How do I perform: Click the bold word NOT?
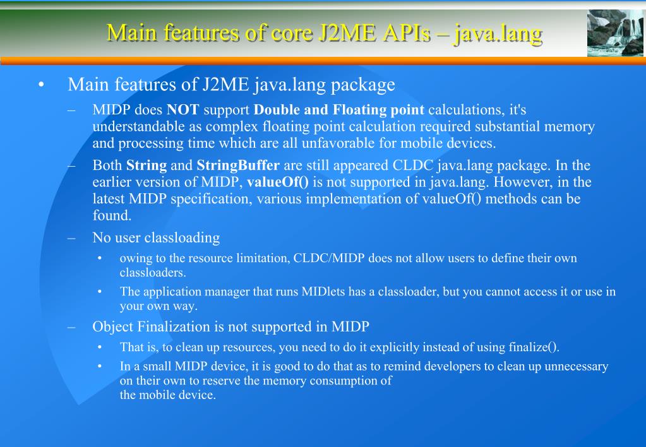click(x=183, y=110)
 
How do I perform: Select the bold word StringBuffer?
click(x=238, y=166)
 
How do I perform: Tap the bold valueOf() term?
click(x=278, y=182)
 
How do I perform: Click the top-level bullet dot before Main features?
click(x=41, y=85)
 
